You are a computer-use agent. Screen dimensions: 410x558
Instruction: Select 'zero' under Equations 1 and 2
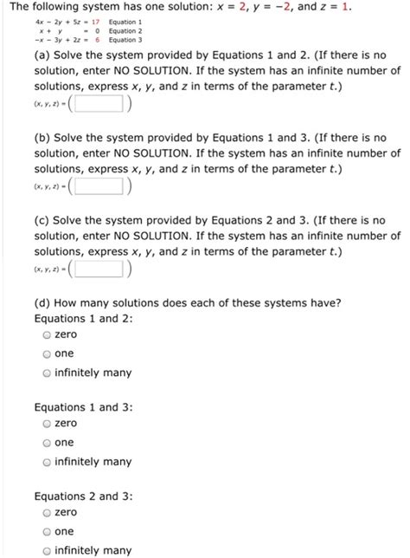pos(47,334)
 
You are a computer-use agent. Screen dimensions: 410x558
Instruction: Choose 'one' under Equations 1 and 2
pos(47,354)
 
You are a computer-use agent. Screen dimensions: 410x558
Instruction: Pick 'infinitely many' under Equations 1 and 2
pos(47,373)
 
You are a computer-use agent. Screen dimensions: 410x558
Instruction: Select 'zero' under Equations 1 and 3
pos(47,424)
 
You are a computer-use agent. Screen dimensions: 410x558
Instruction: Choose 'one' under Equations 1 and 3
pos(47,443)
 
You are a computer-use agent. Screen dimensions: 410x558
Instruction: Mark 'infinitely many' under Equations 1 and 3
pos(47,462)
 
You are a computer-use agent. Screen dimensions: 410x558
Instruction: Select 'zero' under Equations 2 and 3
pos(47,513)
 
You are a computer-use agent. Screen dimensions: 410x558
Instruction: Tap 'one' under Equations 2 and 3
pos(47,532)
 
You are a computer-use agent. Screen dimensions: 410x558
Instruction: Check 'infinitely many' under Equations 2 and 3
pos(47,550)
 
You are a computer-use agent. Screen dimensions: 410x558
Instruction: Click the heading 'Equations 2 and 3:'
pos(83,496)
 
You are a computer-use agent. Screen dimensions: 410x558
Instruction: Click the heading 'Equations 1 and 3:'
pos(83,406)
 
